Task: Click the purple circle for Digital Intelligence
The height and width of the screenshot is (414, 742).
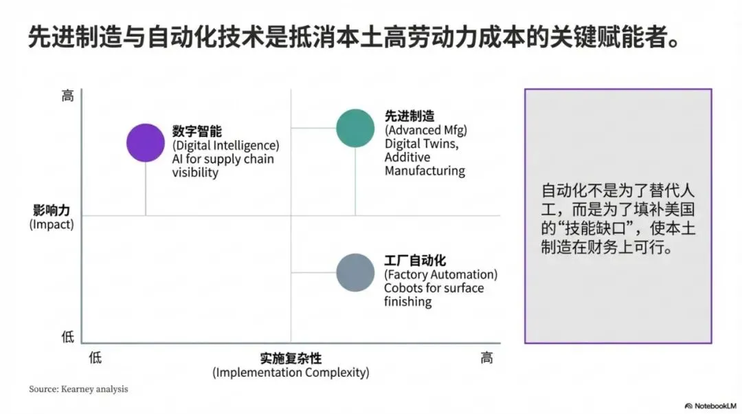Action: click(146, 142)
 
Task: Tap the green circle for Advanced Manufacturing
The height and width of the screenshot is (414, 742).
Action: click(355, 128)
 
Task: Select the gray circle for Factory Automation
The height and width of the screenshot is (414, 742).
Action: click(355, 272)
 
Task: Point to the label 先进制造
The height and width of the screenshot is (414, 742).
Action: click(409, 116)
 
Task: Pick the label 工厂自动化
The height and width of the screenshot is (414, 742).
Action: click(415, 261)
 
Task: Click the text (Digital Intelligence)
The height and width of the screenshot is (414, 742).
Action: click(226, 145)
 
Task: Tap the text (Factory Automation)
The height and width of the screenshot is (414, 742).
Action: click(440, 274)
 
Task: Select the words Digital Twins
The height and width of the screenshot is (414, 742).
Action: click(420, 144)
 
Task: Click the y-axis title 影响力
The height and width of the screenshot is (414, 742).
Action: click(52, 210)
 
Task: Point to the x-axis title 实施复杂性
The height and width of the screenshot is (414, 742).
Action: click(291, 358)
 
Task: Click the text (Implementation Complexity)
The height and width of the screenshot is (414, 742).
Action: click(291, 373)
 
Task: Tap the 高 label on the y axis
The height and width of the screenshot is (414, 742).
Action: click(67, 96)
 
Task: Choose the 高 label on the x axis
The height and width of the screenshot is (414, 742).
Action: click(486, 358)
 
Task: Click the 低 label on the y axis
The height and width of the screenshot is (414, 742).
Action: click(67, 337)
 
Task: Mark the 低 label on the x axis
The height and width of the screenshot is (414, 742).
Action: click(95, 358)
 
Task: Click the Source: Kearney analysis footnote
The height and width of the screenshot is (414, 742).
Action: click(78, 389)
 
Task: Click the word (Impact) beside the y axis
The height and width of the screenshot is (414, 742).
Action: click(52, 225)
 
